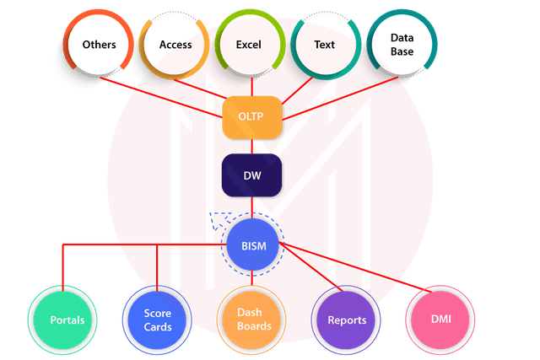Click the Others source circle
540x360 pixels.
point(99,45)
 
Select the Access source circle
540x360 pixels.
point(175,45)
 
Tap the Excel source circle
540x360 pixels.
point(251,44)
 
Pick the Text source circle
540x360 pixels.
point(326,45)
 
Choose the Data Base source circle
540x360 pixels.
point(402,44)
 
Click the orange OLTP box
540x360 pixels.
point(252,117)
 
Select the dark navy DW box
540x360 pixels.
point(252,175)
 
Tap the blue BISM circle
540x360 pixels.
point(253,245)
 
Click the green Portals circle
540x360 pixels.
point(62,320)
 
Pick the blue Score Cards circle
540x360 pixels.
point(157,320)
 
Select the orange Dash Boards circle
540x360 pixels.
point(251,320)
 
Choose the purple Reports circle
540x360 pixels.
point(346,320)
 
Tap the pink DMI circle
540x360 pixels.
point(440,320)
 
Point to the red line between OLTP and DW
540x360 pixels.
point(252,146)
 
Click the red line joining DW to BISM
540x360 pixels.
point(252,207)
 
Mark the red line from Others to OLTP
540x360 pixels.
point(161,98)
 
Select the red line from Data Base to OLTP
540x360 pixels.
point(340,99)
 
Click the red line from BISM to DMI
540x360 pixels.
point(355,267)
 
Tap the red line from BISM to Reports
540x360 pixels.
point(311,266)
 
